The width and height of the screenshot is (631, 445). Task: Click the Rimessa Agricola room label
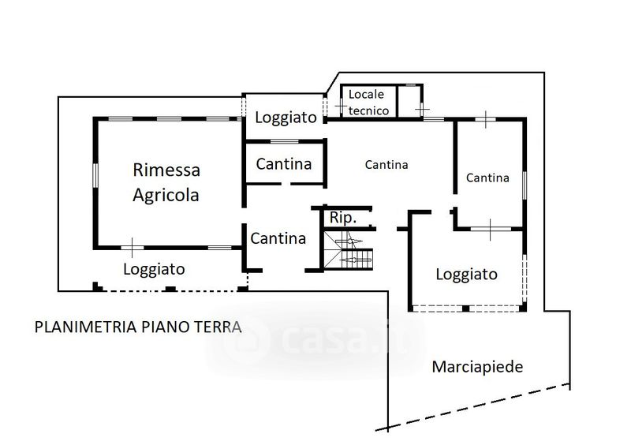pos(166,182)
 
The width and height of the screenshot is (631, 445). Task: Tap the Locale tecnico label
pos(368,103)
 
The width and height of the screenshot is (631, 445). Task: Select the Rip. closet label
pos(343,218)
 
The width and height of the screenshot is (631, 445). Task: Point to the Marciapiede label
pos(477,367)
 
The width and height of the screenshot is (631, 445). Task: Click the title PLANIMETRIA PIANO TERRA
pos(138,327)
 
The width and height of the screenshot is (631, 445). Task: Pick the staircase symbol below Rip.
pos(349,249)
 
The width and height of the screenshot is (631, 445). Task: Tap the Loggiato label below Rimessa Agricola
pos(154,269)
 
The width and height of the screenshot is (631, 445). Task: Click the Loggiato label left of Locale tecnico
pos(286,118)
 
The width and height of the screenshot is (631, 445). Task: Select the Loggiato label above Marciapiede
pos(466,275)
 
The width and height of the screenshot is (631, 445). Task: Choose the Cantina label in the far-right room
pos(487,178)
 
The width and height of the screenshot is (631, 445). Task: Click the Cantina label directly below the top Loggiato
pos(284,164)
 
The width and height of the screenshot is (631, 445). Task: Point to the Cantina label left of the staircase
pos(278,238)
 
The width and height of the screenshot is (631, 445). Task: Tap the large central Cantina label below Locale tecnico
pos(386,164)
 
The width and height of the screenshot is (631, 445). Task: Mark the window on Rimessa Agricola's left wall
pos(95,175)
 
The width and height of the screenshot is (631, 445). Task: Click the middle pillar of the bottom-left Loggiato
pos(171,289)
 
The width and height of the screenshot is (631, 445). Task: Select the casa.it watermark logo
pos(317,339)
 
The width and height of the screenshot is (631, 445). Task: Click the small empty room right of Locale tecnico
pos(410,101)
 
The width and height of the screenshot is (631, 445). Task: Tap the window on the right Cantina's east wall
pos(525,185)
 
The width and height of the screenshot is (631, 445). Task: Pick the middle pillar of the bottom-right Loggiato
pos(465,309)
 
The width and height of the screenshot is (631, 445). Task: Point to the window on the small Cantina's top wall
pos(285,141)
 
